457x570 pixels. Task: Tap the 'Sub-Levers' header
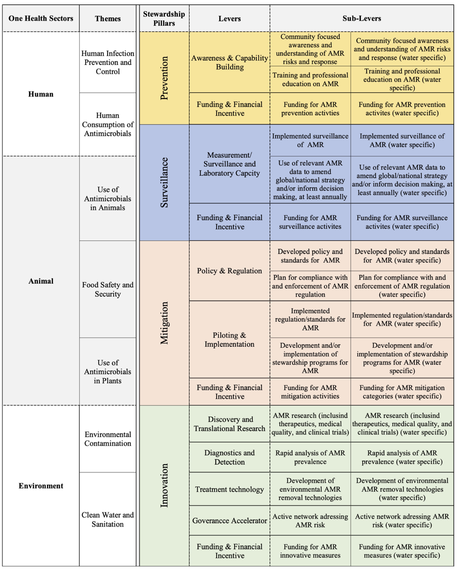(362, 19)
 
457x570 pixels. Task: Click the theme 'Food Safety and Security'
(108, 289)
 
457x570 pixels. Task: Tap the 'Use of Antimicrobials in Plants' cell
(108, 371)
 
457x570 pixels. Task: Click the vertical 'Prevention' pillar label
(164, 78)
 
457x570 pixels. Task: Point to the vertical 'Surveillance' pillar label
(164, 182)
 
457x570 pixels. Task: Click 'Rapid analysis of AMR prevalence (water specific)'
(402, 457)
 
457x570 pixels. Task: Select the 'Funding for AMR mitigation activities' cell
(310, 392)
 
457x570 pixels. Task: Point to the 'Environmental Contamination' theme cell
(108, 439)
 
